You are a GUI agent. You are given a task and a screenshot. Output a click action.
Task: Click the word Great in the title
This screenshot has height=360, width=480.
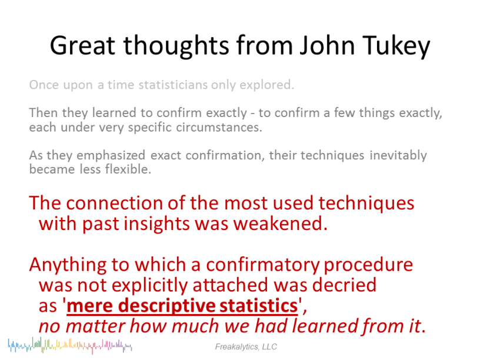point(82,45)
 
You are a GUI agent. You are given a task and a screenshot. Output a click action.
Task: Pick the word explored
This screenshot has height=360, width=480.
point(266,85)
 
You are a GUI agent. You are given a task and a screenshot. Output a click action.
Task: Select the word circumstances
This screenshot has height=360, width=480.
point(219,127)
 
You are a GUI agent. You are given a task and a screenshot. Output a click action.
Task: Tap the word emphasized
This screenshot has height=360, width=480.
point(111,155)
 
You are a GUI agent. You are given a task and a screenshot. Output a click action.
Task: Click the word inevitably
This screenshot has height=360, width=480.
point(398,155)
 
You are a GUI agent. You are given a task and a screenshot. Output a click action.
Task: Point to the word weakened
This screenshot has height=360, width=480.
point(281,224)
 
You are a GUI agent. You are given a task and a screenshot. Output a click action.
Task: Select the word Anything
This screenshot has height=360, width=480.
point(68,265)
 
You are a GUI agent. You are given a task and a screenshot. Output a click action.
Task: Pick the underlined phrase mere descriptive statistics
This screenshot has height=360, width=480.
point(182,306)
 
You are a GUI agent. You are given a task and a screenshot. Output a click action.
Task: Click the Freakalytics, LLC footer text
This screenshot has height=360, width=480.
point(246,347)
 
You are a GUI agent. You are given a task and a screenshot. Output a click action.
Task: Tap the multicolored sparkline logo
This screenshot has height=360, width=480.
point(70,346)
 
